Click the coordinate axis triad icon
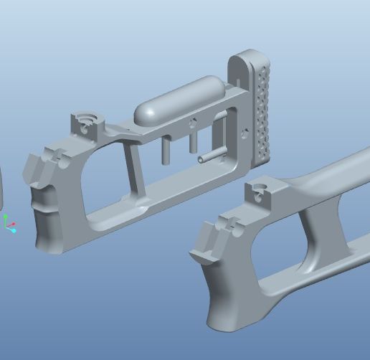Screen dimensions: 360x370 (9, 224)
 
